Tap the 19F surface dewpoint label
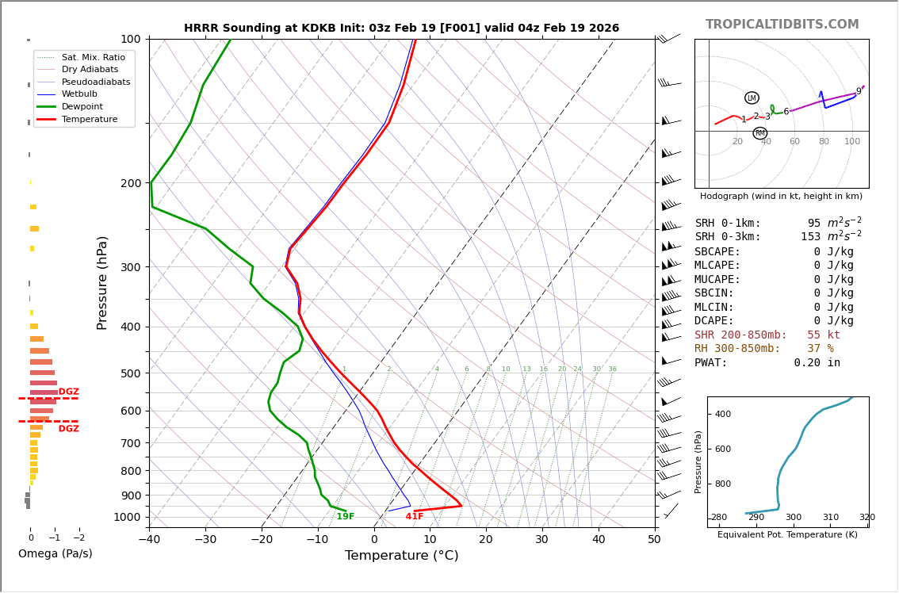click(346, 517)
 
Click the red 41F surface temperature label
click(415, 517)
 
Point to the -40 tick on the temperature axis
click(149, 541)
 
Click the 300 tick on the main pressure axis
click(130, 267)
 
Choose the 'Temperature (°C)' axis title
click(401, 556)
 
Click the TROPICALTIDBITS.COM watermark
click(782, 25)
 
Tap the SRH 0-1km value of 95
click(814, 224)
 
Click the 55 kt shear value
click(824, 335)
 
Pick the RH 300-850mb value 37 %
click(821, 349)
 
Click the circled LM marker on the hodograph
click(752, 98)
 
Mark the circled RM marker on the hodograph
click(759, 133)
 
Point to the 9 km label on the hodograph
click(858, 91)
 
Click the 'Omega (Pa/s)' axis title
click(55, 553)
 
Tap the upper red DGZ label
click(68, 392)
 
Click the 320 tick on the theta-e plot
click(866, 518)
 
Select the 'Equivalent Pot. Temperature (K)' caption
click(787, 535)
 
